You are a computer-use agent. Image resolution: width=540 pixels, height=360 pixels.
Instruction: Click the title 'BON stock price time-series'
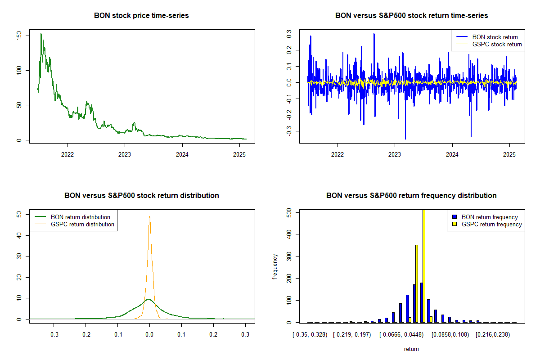[x=141, y=16]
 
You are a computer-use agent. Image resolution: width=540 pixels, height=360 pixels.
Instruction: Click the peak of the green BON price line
[x=41, y=34]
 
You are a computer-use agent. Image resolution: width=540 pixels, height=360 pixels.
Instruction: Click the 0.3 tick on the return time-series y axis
[x=289, y=34]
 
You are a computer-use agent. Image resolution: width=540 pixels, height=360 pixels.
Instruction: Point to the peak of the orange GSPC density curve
[x=149, y=216]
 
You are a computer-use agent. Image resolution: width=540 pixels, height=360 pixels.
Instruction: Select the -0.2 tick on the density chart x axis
[x=85, y=334]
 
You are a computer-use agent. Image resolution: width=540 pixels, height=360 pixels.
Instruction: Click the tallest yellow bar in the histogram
[x=423, y=265]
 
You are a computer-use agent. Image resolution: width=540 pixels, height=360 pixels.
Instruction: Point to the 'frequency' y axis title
[x=275, y=266]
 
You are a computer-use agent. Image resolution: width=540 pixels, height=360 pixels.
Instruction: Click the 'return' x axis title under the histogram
[x=411, y=349]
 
